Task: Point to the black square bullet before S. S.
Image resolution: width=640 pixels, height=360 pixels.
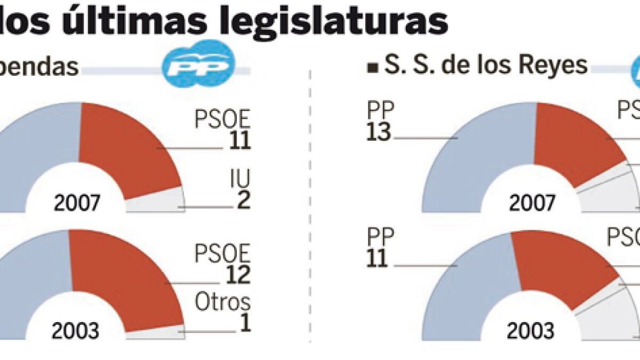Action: point(371,68)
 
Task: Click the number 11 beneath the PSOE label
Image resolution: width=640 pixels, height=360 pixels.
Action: point(237,140)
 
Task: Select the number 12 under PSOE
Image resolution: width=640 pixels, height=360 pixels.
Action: point(237,274)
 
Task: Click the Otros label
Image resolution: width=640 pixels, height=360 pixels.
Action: point(222,302)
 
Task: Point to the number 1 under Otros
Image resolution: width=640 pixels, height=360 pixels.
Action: point(245,323)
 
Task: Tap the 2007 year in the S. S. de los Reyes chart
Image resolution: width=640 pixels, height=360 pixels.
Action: point(532,203)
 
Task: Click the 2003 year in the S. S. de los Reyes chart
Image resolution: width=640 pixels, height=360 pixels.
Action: point(530,332)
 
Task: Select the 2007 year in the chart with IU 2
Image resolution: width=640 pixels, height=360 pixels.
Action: point(77,203)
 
